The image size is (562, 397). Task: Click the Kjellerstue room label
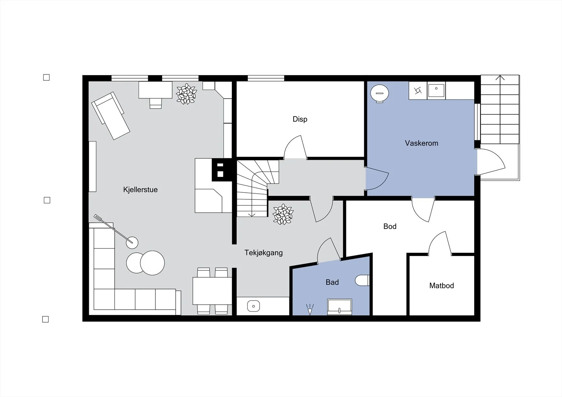(140, 190)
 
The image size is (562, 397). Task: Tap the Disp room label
(300, 119)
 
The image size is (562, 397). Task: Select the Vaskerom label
(421, 143)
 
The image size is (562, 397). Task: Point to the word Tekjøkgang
(263, 253)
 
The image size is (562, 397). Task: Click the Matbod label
(442, 286)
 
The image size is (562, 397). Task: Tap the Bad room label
(332, 282)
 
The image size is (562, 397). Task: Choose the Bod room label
(390, 226)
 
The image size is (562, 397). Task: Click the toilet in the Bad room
(362, 280)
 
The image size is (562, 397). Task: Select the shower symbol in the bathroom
(310, 309)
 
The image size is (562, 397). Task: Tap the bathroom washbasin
(339, 307)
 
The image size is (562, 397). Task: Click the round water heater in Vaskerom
(380, 93)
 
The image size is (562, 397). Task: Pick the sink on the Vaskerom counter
(436, 91)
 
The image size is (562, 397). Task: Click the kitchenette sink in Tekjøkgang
(253, 306)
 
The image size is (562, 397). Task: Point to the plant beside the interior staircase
(283, 214)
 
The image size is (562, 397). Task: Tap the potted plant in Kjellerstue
(187, 94)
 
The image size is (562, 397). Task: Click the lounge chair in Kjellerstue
(111, 115)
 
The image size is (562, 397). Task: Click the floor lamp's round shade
(132, 243)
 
